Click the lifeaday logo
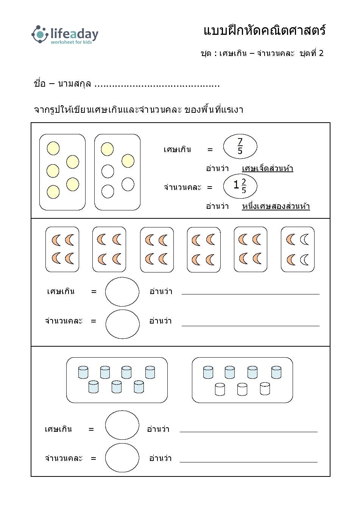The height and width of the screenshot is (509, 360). (x=65, y=34)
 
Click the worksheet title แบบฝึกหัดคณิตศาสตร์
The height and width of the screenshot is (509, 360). (x=264, y=30)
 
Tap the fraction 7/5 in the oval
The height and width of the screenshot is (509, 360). (x=240, y=146)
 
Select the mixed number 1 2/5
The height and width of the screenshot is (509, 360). (x=240, y=186)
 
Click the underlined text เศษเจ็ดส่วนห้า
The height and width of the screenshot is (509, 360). (x=268, y=168)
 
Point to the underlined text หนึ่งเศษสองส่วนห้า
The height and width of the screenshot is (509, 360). (x=276, y=206)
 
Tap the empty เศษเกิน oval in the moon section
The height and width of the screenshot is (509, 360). (x=122, y=291)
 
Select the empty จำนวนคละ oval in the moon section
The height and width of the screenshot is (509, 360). (x=123, y=324)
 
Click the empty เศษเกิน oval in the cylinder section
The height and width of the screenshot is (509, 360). (x=122, y=425)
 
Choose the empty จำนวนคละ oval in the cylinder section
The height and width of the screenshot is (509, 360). (x=122, y=458)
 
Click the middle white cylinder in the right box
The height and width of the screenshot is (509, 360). (x=242, y=389)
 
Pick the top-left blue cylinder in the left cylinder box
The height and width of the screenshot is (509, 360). (x=83, y=372)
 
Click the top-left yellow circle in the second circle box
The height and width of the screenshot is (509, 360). (x=107, y=149)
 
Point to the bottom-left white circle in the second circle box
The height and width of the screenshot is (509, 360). (x=108, y=191)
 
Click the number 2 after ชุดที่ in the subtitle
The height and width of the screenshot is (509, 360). (x=321, y=53)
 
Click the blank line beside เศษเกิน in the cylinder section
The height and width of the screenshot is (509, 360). (x=249, y=432)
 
